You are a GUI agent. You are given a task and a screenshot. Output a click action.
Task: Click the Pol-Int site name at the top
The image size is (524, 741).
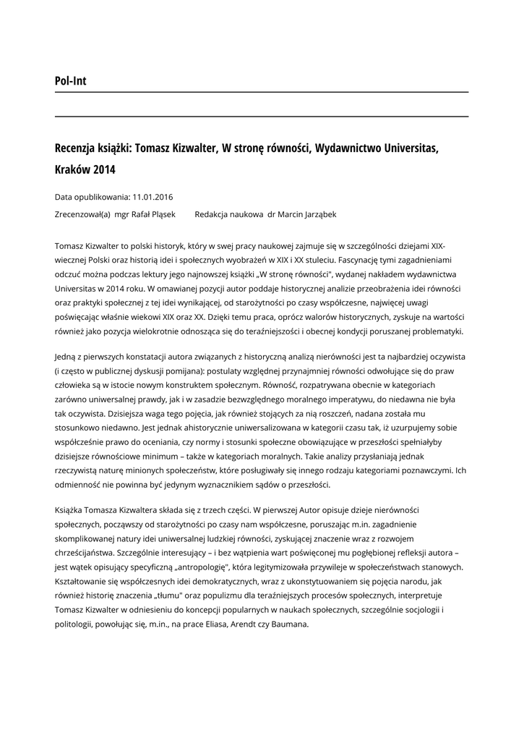click(x=70, y=81)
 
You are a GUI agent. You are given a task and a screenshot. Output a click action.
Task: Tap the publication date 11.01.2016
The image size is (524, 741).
click(x=153, y=197)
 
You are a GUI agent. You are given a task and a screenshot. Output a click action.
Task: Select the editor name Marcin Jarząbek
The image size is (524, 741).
click(x=309, y=214)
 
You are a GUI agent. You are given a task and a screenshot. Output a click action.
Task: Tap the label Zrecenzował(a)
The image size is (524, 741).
click(x=82, y=214)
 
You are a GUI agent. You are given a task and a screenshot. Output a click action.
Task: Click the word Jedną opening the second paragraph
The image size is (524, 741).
click(x=67, y=357)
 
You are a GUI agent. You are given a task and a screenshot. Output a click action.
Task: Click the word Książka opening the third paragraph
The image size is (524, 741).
click(x=72, y=509)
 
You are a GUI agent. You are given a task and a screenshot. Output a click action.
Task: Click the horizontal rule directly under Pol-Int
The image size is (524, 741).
click(x=262, y=93)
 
